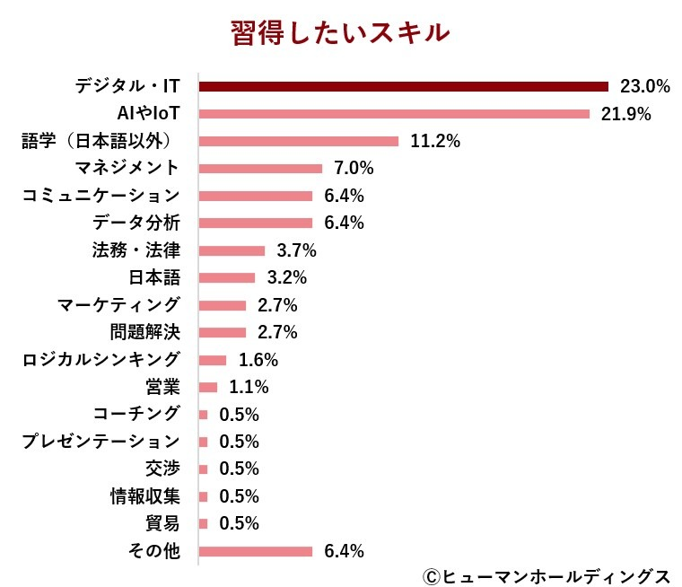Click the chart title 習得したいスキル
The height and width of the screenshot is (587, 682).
[340, 33]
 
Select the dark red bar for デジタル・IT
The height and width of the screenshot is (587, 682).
[403, 87]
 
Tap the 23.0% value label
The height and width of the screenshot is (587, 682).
[645, 87]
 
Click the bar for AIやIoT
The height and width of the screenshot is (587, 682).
[394, 114]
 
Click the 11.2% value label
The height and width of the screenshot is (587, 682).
[434, 141]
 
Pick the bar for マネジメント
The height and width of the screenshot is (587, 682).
[260, 169]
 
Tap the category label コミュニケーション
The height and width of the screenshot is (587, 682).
[101, 196]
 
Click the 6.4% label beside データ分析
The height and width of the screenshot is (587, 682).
[344, 223]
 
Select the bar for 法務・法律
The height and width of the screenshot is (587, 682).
[232, 250]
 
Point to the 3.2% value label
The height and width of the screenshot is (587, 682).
[287, 277]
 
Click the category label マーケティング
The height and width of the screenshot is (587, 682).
[118, 305]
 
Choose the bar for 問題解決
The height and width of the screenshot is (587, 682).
[222, 332]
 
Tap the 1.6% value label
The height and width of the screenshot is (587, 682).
[258, 360]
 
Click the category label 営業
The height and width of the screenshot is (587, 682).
[162, 387]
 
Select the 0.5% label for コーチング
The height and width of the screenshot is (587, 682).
[240, 415]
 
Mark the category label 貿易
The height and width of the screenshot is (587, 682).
[162, 523]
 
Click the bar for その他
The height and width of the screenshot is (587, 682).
[255, 551]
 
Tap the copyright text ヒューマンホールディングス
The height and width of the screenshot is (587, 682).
[545, 574]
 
